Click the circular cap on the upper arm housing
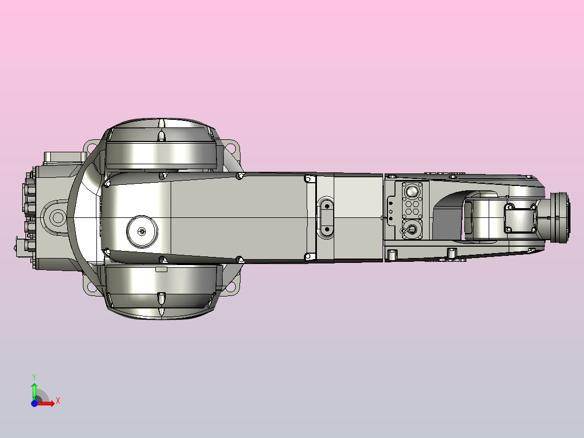tap(142, 231)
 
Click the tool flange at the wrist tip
tap(560, 217)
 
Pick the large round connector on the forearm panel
tap(412, 191)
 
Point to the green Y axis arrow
tap(34, 389)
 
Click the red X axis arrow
tap(47, 402)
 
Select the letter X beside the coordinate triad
tap(57, 401)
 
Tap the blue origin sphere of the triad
tap(34, 403)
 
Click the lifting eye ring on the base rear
tap(57, 218)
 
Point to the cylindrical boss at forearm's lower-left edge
tap(392, 254)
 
